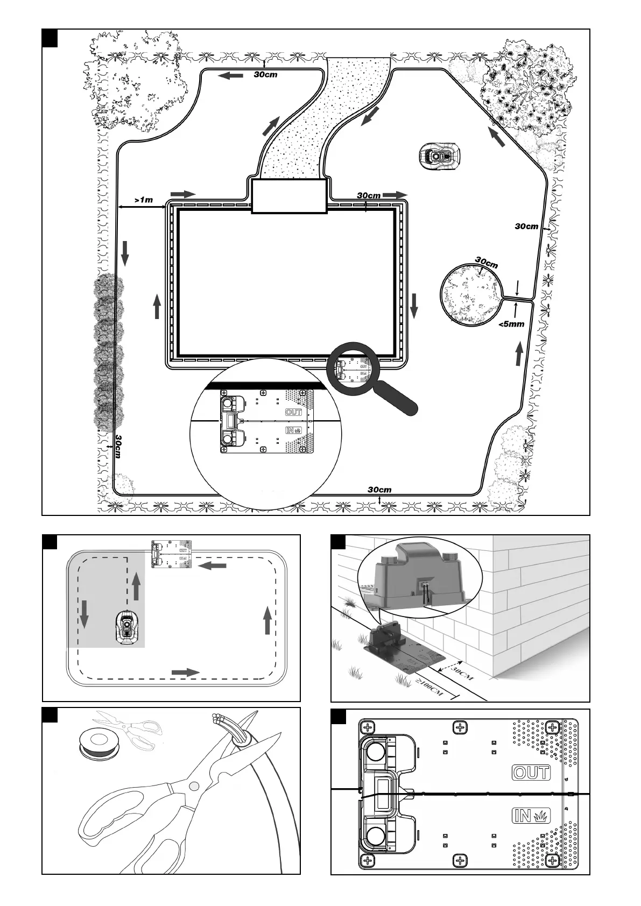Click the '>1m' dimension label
144,200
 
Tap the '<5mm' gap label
511,324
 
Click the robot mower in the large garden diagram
440,155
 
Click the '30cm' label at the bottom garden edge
379,490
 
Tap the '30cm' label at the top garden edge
266,75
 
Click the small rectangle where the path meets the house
290,196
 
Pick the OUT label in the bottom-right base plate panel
531,773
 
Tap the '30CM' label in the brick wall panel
462,673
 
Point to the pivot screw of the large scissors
193,787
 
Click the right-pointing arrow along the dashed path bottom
185,672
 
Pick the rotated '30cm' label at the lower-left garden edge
118,447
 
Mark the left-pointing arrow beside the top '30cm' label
231,76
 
